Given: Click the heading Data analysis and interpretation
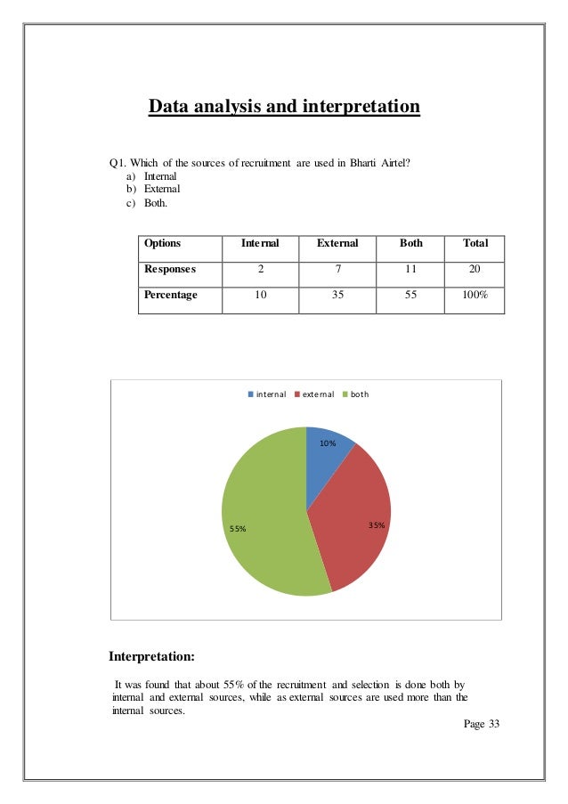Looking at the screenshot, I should (x=283, y=108).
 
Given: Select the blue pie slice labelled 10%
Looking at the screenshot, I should (x=328, y=456).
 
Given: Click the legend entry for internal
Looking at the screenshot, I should (x=266, y=394).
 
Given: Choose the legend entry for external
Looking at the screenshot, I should (x=313, y=394).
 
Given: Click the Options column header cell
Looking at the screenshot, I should (x=163, y=243).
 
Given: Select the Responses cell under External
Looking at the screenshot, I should (x=337, y=268).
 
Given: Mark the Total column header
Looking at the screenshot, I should (x=475, y=243).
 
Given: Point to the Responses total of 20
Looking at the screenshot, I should (x=475, y=268).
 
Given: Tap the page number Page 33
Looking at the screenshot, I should (x=482, y=724).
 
